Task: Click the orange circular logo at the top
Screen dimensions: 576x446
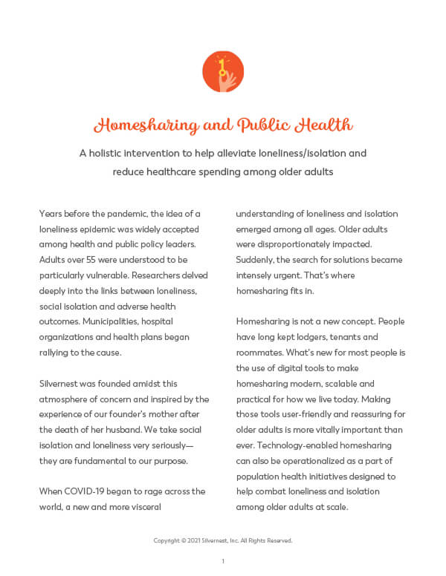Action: click(x=223, y=72)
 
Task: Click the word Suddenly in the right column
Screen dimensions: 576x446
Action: click(x=256, y=260)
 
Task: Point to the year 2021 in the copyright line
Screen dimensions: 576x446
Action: click(x=191, y=540)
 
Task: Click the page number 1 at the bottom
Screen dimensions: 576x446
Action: click(x=223, y=561)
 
